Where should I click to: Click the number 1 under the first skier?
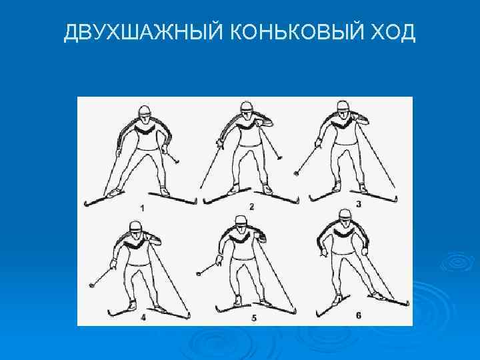pyautogui.click(x=143, y=209)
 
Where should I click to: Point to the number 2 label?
pyautogui.click(x=251, y=207)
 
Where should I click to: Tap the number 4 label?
pyautogui.click(x=143, y=318)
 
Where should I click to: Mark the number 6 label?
pyautogui.click(x=359, y=315)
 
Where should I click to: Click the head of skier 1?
pyautogui.click(x=144, y=112)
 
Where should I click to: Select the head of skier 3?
pyautogui.click(x=343, y=109)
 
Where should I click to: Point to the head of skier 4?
pyautogui.click(x=136, y=229)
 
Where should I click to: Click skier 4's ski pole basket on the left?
pyautogui.click(x=91, y=285)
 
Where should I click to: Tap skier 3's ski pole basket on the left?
pyautogui.click(x=296, y=173)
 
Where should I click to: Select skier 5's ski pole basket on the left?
pyautogui.click(x=199, y=273)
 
